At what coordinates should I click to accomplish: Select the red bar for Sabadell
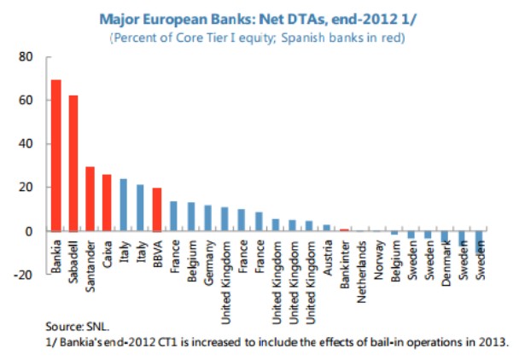(x=73, y=163)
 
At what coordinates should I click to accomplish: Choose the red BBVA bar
(x=157, y=210)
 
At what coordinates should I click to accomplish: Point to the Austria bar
(x=326, y=228)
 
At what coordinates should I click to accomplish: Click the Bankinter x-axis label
(x=343, y=262)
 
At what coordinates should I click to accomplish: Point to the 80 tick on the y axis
(x=26, y=57)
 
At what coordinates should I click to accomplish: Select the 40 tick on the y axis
(x=26, y=144)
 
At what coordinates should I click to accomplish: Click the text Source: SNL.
(x=79, y=326)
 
